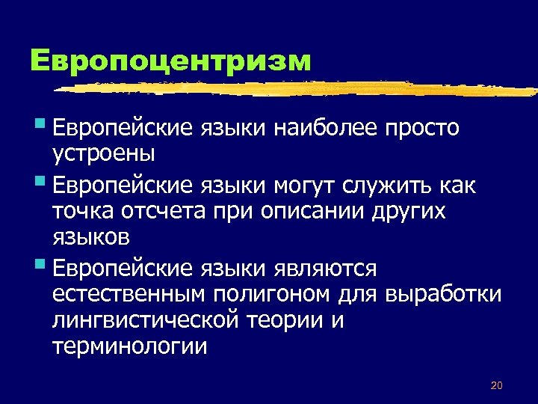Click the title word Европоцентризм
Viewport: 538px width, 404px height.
click(171, 61)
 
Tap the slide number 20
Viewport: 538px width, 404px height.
click(496, 385)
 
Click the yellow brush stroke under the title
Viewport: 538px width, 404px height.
click(299, 89)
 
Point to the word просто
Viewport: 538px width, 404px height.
click(421, 129)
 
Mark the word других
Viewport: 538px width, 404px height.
click(408, 211)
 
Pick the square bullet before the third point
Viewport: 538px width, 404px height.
click(39, 263)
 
